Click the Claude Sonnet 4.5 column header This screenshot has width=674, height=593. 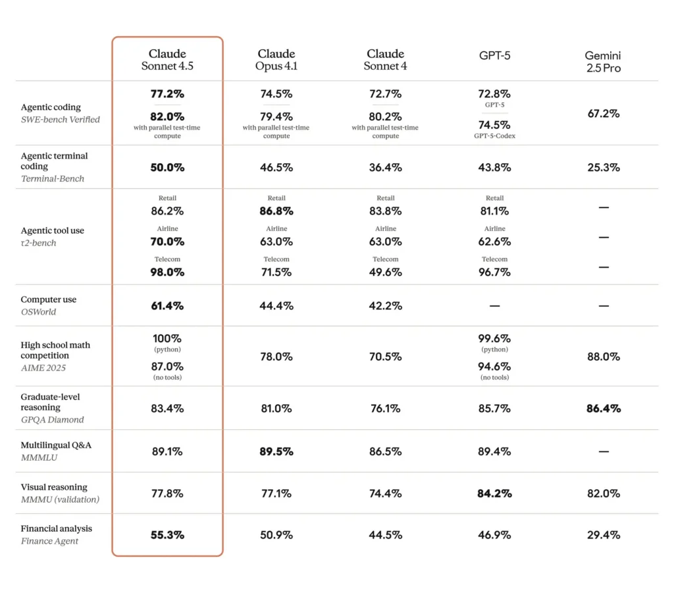pos(167,60)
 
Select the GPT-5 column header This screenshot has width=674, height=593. pos(494,55)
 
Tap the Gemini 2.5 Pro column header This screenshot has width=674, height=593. pos(603,62)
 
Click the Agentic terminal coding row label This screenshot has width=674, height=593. pos(54,167)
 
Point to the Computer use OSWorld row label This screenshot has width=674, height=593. pos(49,305)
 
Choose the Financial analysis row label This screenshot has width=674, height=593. pos(57,534)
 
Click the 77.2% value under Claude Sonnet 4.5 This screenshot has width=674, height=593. pos(167,94)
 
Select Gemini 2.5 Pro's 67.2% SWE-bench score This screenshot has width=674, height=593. pos(603,113)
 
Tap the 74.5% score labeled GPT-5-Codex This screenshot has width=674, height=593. pos(494,125)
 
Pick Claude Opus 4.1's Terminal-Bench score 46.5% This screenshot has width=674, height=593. pos(276,167)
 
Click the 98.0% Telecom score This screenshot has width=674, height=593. pos(167,272)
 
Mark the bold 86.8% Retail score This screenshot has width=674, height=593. pos(276,211)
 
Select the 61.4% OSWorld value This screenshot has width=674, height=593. pos(167,305)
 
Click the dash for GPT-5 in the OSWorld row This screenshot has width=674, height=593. pos(494,306)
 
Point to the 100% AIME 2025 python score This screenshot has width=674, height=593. pos(167,339)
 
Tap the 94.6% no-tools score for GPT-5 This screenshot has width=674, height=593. pos(494,367)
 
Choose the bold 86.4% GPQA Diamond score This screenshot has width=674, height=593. pos(603,408)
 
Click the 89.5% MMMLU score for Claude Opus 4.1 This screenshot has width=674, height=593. pos(276,451)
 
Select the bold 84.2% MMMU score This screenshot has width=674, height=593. pos(494,493)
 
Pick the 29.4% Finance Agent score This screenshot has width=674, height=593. pos(603,534)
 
